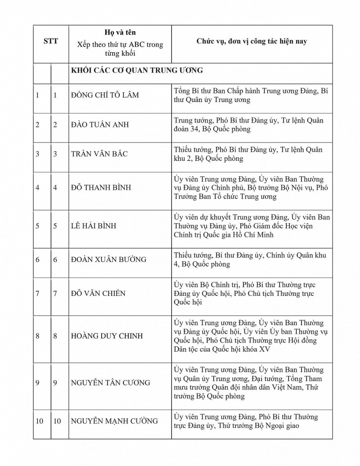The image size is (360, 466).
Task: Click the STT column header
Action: coord(50,41)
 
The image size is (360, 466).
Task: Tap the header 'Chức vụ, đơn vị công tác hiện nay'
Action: coord(251,41)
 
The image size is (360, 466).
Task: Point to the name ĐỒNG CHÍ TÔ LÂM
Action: coord(105,96)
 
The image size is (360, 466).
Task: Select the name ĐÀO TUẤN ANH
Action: coord(100,125)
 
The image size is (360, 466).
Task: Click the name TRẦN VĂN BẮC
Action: coord(99,154)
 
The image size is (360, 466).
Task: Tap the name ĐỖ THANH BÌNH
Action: coord(101,187)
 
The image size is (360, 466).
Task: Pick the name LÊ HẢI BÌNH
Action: coord(93,226)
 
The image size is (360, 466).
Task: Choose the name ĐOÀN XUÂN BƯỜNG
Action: coord(108,260)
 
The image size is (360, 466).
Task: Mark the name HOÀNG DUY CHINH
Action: coord(107,336)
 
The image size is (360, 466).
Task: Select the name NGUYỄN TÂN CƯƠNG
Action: coord(110,383)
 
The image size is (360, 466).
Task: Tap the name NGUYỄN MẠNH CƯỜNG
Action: coord(114,421)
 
